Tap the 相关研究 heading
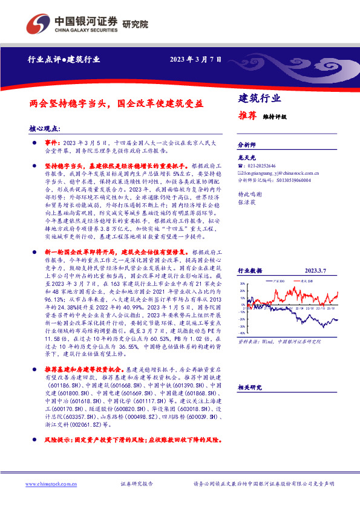pos(249,387)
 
